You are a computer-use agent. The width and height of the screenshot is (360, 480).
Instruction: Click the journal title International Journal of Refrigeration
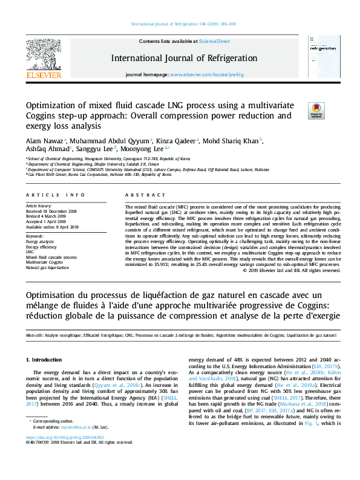(184, 59)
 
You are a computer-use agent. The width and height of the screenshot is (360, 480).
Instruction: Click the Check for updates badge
(316, 110)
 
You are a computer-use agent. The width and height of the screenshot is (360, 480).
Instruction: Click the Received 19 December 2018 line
(51, 212)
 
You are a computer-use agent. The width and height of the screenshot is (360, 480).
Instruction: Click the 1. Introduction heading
(46, 360)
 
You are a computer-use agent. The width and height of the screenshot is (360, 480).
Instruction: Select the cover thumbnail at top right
(316, 58)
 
